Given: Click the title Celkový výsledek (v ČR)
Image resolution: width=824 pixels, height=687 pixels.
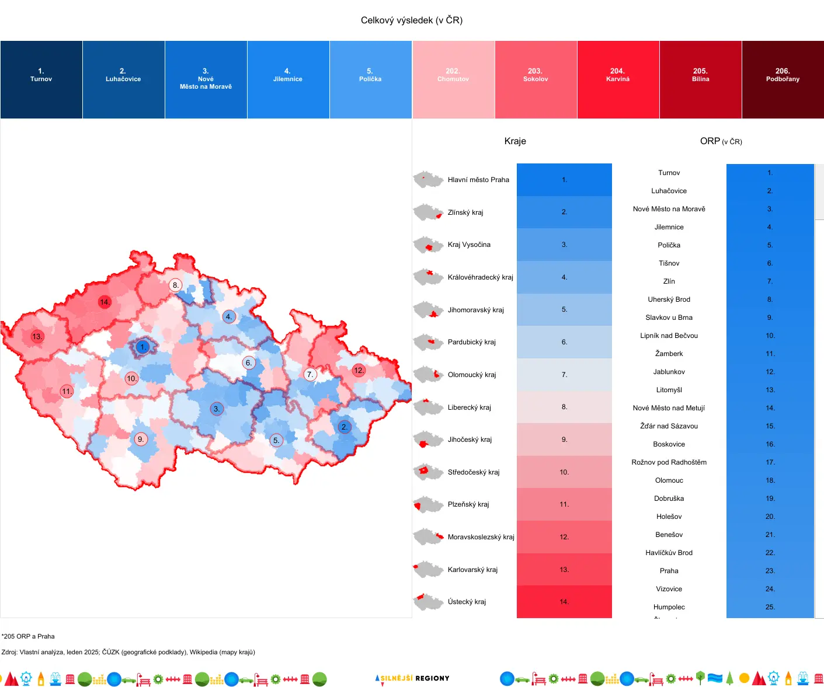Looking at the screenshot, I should click(x=411, y=20).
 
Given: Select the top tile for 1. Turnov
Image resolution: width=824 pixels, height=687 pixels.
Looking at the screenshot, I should click(x=41, y=79).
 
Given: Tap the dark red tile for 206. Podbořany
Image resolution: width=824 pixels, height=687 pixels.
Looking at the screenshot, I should click(x=783, y=79).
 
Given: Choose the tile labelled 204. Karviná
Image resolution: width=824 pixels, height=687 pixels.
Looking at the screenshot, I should click(x=618, y=79).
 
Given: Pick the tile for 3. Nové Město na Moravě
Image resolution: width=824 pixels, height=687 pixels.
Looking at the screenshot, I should click(x=206, y=79).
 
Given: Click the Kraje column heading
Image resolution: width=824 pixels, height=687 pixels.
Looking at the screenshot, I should click(x=515, y=141).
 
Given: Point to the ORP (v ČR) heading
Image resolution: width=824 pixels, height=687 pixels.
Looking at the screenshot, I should click(x=721, y=141).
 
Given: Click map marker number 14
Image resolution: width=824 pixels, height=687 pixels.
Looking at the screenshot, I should click(x=105, y=302).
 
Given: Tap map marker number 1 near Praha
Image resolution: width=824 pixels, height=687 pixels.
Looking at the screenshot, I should click(x=142, y=347).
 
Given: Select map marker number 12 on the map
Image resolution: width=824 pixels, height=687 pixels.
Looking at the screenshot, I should click(x=359, y=370).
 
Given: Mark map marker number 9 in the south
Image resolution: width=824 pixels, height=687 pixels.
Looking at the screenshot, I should click(x=141, y=439).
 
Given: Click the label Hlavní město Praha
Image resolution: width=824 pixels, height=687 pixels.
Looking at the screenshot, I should click(x=478, y=180).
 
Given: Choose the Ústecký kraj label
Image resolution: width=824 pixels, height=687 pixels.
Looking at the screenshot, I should click(x=467, y=602).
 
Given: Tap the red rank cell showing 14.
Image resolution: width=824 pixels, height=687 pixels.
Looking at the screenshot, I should click(x=564, y=602).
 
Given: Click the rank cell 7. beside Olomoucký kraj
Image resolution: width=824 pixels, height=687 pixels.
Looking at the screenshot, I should click(x=564, y=375).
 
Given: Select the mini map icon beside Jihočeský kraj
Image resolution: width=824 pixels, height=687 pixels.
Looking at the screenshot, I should click(x=428, y=440).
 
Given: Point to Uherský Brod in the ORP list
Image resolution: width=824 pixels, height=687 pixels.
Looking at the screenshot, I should click(x=669, y=299).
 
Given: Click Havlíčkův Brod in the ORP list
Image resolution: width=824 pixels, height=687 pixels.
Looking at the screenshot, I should click(x=669, y=553).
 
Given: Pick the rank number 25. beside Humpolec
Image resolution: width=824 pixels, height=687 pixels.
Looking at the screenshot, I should click(x=770, y=607).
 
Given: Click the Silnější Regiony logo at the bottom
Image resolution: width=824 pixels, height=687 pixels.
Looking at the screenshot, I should click(x=412, y=678).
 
